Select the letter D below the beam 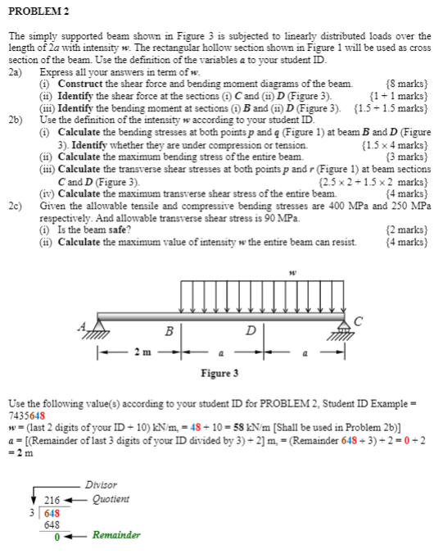pos(252,332)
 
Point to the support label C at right pos(357,320)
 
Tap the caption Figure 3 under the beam pos(220,374)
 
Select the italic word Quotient pos(111,498)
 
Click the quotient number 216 pos(52,499)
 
